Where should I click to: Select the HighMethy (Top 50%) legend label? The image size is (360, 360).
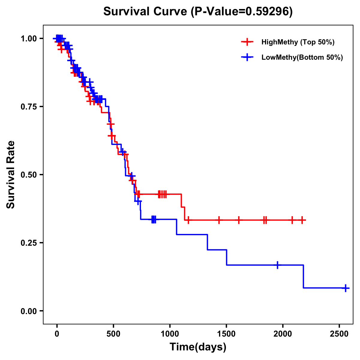(298, 42)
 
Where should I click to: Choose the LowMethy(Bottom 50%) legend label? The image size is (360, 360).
(302, 58)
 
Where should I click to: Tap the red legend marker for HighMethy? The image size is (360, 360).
(247, 42)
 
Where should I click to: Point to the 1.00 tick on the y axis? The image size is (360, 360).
(29, 38)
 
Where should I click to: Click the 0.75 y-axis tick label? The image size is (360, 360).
(29, 106)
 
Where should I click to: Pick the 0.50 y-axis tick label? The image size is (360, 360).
(29, 175)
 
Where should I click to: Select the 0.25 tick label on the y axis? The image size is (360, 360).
(29, 243)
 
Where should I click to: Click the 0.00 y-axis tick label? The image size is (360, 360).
(29, 311)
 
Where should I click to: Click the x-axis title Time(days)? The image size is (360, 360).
(198, 347)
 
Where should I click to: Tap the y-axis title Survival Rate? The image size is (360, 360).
(11, 175)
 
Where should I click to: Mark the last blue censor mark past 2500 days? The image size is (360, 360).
(346, 288)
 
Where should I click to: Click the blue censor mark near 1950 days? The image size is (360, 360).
(277, 265)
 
